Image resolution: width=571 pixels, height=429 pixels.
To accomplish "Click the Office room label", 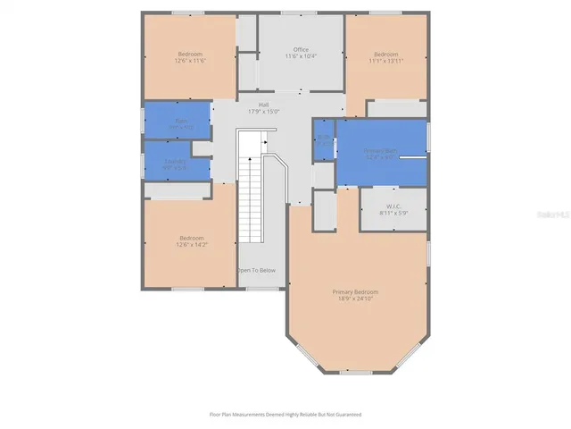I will (301, 49).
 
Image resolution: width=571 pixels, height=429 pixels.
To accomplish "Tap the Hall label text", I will (264, 105).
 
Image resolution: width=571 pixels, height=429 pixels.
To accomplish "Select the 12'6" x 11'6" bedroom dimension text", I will (190, 60).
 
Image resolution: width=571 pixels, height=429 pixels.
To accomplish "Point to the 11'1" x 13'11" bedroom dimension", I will (387, 60).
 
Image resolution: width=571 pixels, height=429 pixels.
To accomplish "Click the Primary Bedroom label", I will (356, 291).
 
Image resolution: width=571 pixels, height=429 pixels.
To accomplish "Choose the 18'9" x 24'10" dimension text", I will (356, 299).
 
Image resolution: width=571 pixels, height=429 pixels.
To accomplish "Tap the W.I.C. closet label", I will (393, 206).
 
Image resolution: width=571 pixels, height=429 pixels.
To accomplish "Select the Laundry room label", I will (176, 162).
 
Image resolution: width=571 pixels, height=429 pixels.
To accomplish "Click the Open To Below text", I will (256, 270).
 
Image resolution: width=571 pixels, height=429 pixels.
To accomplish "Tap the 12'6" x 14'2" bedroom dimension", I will (190, 244).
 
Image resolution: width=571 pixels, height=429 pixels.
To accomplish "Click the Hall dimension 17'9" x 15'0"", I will (264, 112).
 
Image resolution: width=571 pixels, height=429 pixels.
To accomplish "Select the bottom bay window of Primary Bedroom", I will (356, 371).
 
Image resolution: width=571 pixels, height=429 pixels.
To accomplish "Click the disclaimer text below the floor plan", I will (285, 415).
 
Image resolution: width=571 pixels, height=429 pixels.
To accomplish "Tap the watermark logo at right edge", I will (561, 215).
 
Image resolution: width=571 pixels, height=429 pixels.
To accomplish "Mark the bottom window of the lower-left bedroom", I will (187, 288).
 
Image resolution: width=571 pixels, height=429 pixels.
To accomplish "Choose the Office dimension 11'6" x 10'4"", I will (301, 56).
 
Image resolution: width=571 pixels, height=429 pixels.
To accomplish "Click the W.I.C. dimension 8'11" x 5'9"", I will (393, 214).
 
